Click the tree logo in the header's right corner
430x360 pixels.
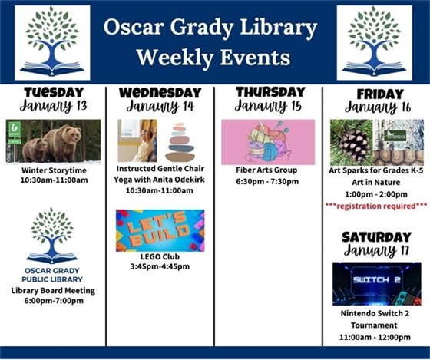(x=374, y=43)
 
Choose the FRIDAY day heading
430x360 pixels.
(x=373, y=93)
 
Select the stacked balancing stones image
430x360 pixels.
(x=180, y=141)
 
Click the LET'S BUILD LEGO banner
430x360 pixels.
(x=160, y=230)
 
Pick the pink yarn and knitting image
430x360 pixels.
(x=267, y=142)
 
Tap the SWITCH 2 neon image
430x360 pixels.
(x=376, y=283)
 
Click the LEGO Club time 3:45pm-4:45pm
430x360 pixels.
(x=159, y=266)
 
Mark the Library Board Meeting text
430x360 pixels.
(x=53, y=290)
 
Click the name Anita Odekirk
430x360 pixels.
(x=177, y=179)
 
